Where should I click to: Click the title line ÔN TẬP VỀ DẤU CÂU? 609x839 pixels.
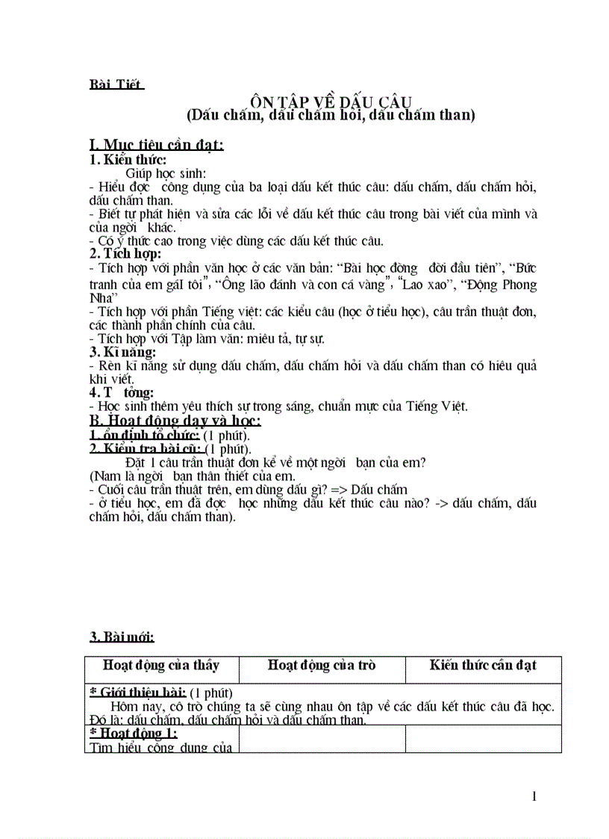click(331, 102)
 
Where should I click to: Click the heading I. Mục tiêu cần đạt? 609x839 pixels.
click(156, 145)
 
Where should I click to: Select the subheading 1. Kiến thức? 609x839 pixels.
click(128, 159)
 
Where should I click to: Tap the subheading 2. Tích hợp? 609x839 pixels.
click(125, 254)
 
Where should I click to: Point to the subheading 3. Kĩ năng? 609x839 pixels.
click(123, 352)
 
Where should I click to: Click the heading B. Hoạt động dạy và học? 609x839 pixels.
click(175, 421)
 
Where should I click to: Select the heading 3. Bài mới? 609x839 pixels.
click(122, 637)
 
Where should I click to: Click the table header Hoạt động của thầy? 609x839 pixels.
click(161, 665)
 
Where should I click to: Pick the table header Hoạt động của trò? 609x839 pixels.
click(322, 665)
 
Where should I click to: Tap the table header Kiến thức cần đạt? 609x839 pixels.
click(483, 665)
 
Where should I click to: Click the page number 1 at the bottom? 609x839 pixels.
click(534, 796)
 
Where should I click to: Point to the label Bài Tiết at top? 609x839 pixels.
click(116, 83)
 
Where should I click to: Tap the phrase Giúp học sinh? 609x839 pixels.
click(160, 173)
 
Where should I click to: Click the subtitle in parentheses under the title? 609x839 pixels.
click(331, 115)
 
